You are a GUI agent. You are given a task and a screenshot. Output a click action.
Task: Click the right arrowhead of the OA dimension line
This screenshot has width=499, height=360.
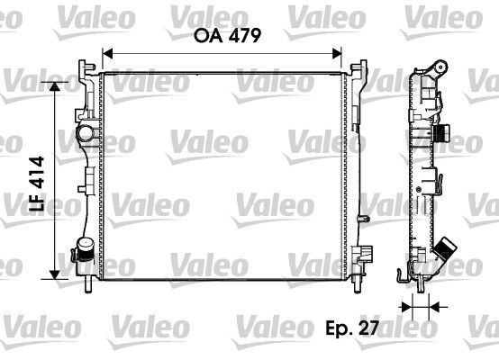click(x=340, y=53)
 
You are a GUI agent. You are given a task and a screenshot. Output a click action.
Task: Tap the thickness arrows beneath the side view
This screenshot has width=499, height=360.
click(x=419, y=307)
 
